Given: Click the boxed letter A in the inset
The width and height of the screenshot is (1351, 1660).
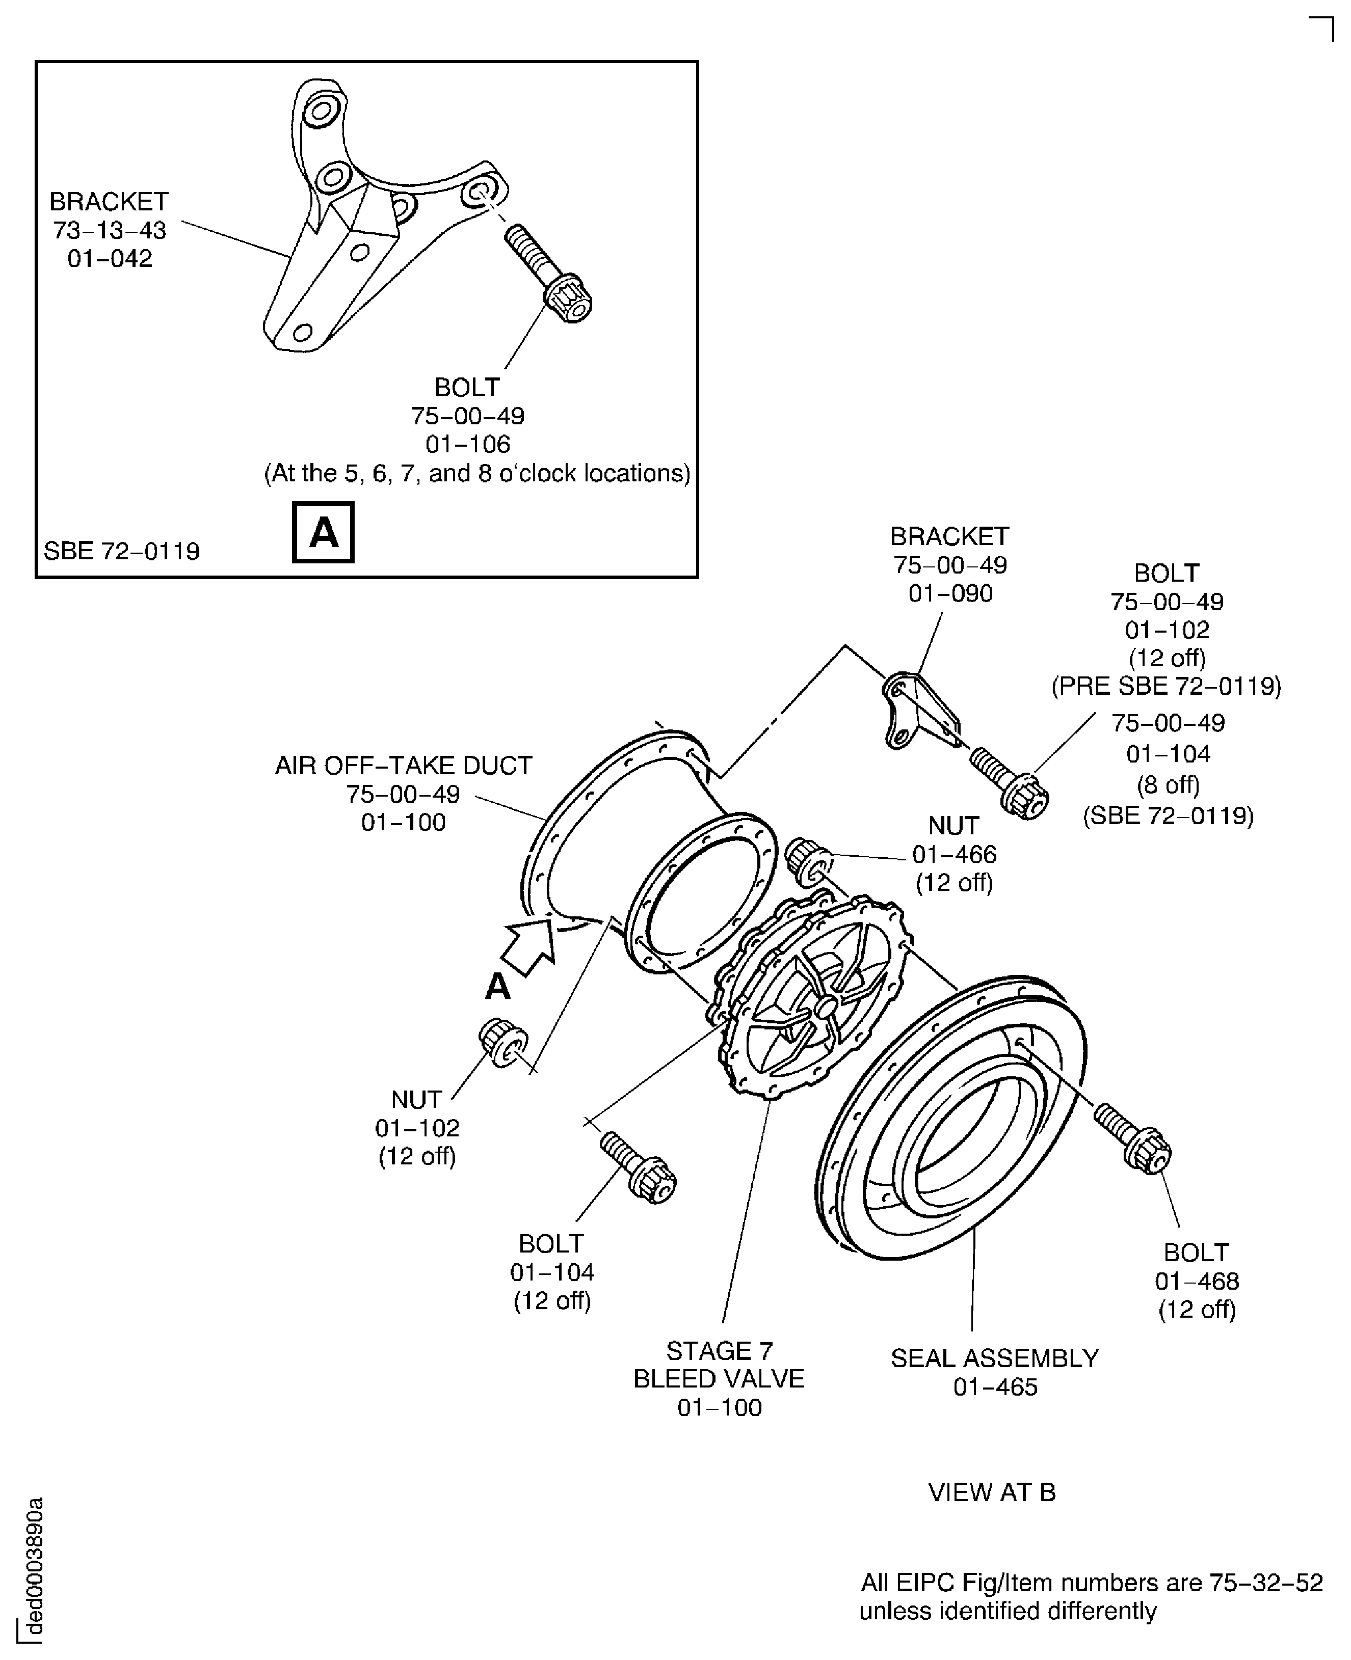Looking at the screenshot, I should (323, 532).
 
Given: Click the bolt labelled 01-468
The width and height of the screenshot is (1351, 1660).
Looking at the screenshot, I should (1133, 1138).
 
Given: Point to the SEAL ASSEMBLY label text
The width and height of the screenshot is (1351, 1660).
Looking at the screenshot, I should (995, 1357).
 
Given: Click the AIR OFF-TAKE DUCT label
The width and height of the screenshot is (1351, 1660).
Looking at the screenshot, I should (403, 766).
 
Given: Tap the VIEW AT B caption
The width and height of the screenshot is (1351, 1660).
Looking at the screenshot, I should (991, 1492).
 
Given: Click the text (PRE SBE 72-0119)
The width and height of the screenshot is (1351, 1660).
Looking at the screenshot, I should (1166, 686).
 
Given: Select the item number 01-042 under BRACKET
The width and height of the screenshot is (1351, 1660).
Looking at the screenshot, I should (110, 258).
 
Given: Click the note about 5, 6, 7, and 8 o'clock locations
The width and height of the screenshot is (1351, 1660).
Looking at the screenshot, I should (477, 473).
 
